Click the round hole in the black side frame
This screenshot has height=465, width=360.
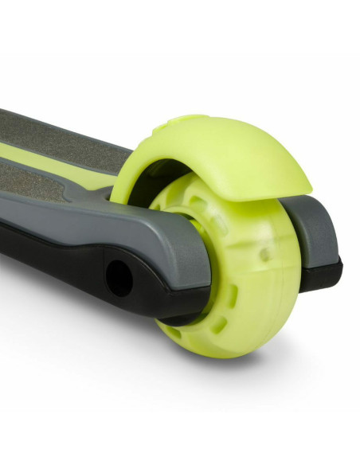(120, 277)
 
